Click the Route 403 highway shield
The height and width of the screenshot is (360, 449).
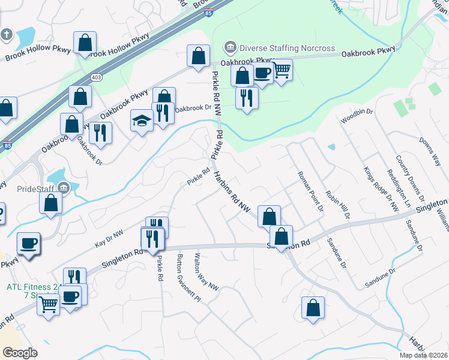click(x=96, y=77)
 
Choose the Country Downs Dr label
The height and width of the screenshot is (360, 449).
click(x=410, y=179)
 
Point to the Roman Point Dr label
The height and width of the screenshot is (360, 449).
click(x=310, y=191)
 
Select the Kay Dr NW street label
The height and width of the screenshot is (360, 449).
click(x=109, y=239)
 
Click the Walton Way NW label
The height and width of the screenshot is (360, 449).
click(x=206, y=273)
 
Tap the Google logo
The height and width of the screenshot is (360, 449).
click(x=20, y=352)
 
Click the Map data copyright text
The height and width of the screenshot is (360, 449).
click(x=423, y=355)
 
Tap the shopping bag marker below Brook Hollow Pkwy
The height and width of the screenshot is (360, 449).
click(x=85, y=44)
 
